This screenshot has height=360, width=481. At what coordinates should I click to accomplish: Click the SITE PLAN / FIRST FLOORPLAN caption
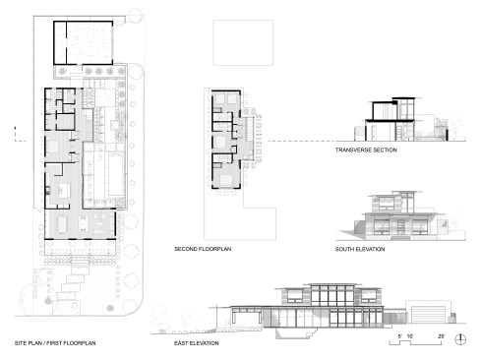click(x=55, y=343)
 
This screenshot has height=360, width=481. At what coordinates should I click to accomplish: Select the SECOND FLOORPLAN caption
click(x=203, y=249)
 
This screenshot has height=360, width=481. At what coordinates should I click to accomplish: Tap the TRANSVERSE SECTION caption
click(x=366, y=150)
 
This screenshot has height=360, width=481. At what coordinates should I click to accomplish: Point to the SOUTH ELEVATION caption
click(x=360, y=249)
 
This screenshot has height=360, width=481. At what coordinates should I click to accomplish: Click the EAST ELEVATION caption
click(x=197, y=343)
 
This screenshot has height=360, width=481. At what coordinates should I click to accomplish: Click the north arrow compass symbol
click(x=460, y=339)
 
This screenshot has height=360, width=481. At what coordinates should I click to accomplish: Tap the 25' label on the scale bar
click(x=442, y=336)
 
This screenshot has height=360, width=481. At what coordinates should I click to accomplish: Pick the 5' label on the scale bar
click(x=400, y=336)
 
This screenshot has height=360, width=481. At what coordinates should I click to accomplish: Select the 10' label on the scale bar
click(x=410, y=336)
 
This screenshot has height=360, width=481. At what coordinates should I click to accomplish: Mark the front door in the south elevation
click(x=401, y=226)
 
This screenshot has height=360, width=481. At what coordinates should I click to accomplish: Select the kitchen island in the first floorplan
click(x=64, y=191)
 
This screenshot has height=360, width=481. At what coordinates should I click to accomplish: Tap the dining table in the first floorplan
click(x=62, y=225)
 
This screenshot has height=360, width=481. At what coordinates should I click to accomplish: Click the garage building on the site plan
click(x=84, y=43)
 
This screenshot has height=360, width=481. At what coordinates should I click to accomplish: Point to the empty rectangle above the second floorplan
click(x=243, y=42)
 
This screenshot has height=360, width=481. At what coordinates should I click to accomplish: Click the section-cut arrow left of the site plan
click(x=14, y=129)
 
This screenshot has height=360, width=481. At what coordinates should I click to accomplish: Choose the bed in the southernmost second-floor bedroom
click(x=225, y=179)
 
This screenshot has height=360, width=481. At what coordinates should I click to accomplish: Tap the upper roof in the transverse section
click(x=403, y=98)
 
